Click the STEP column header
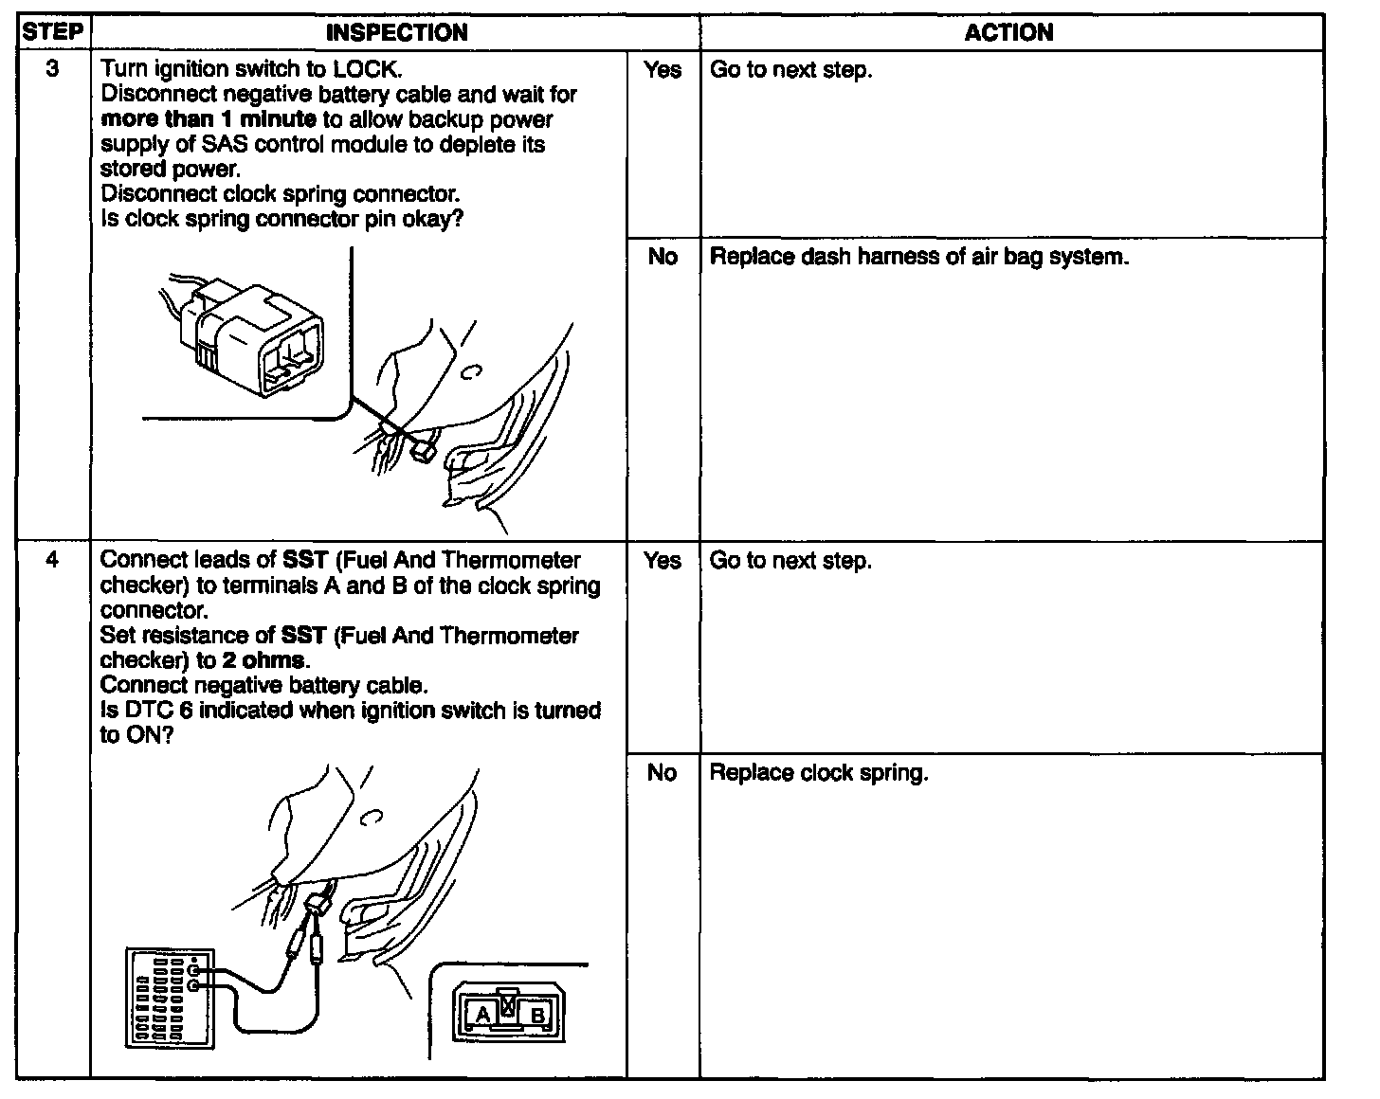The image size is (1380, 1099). tap(53, 31)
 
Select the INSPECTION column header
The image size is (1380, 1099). tap(396, 33)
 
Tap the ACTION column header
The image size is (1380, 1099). tap(1009, 33)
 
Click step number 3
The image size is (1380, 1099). tap(53, 69)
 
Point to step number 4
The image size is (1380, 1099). tap(53, 561)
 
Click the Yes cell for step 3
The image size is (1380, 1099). tap(663, 70)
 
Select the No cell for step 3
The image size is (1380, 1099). tap(663, 257)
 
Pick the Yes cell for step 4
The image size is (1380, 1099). tap(663, 561)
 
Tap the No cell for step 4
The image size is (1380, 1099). tap(663, 773)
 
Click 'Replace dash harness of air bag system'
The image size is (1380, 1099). tap(919, 257)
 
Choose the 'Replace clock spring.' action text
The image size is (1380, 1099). tap(819, 773)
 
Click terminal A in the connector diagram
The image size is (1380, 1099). tap(483, 1015)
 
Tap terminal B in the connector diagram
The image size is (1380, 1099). tap(537, 1016)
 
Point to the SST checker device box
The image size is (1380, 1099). tap(171, 997)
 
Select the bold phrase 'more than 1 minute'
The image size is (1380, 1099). tap(209, 119)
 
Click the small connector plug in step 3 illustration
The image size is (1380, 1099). tap(425, 451)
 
